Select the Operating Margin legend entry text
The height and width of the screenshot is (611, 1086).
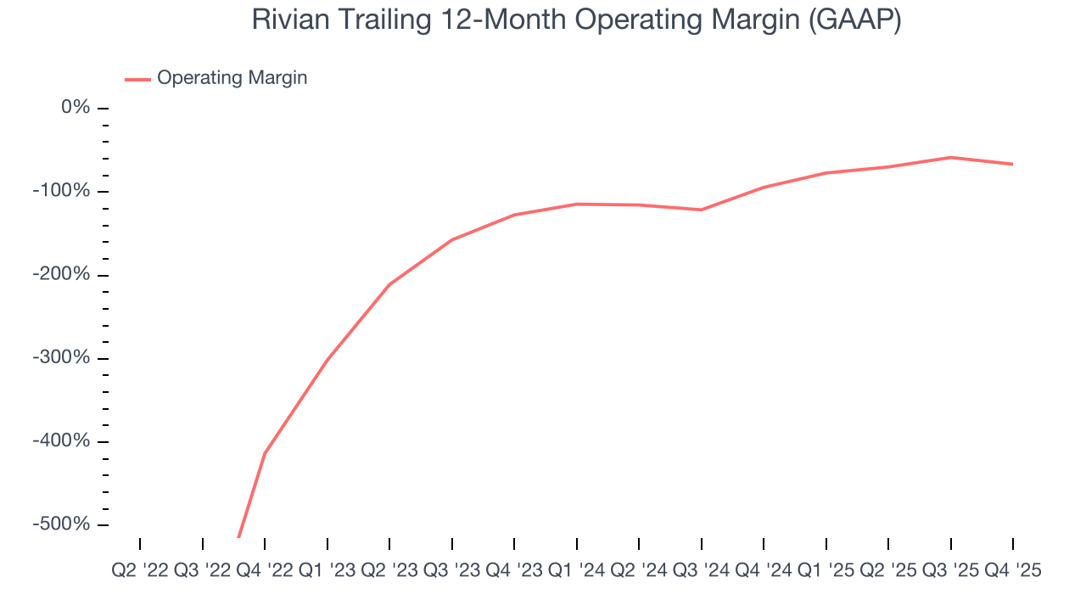(x=232, y=78)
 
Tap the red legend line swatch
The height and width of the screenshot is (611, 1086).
(x=137, y=79)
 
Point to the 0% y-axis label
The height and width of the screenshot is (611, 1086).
(x=76, y=108)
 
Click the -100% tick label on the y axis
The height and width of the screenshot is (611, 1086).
(x=61, y=191)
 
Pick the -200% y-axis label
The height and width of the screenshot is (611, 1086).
(x=61, y=274)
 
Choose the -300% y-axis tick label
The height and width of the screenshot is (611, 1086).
(x=61, y=357)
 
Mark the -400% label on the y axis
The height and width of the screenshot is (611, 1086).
(x=61, y=441)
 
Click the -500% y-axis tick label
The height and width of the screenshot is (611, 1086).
(x=61, y=524)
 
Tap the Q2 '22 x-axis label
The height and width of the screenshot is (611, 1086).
(x=140, y=571)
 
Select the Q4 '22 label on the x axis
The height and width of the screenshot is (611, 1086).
(x=265, y=571)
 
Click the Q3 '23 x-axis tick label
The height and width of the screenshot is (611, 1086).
(x=451, y=571)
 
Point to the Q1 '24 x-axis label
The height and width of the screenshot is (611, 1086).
(x=577, y=571)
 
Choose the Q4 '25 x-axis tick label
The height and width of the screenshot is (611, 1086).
(x=1012, y=571)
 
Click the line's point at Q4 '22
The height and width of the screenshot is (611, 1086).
(x=265, y=453)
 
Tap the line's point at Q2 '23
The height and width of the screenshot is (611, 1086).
(x=389, y=284)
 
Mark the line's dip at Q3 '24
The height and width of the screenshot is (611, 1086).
(x=701, y=210)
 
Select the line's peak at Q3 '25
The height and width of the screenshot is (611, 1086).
(x=950, y=157)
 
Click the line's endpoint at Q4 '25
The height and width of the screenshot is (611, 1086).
(x=1012, y=164)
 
